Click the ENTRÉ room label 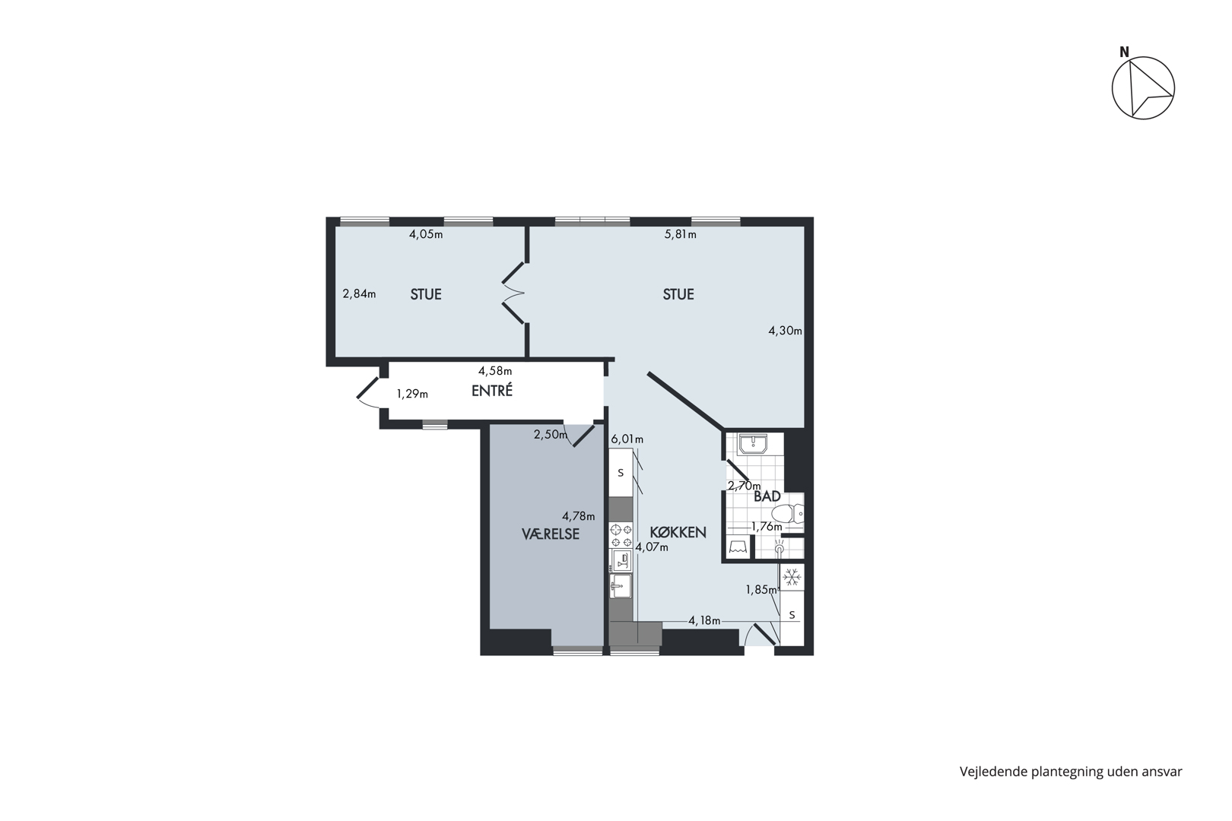tap(492, 391)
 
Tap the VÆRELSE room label tap(551, 534)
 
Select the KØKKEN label tap(678, 532)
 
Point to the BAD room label tap(767, 496)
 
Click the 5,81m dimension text tap(681, 235)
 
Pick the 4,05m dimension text tap(426, 235)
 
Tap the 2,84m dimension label tap(359, 294)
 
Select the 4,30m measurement tap(785, 331)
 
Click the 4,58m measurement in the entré tap(495, 371)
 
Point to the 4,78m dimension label tap(578, 516)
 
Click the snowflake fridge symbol tap(792, 578)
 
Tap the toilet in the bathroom tap(787, 514)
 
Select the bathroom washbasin tap(753, 444)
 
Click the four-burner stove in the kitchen tap(621, 536)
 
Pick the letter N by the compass tap(1124, 52)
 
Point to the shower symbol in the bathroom tap(779, 547)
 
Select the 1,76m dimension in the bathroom tap(767, 527)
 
